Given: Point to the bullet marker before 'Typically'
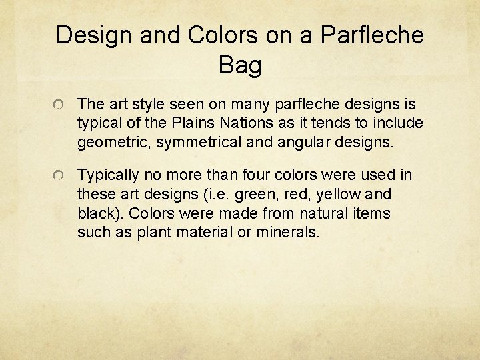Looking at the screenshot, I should [x=60, y=177].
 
